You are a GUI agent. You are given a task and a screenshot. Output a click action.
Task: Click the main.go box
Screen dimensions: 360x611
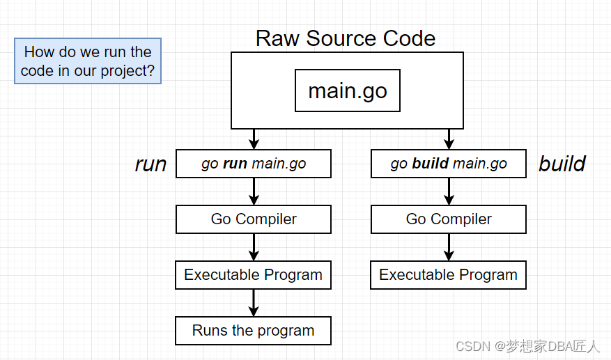tap(347, 91)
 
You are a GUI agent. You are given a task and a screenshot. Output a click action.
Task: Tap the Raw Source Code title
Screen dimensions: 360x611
tap(346, 38)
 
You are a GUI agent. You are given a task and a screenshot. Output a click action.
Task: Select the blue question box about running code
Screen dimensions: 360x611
tap(88, 61)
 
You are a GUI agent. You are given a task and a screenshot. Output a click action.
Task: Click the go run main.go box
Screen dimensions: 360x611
tap(254, 164)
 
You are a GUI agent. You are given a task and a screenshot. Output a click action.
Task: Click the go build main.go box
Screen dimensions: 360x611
tap(449, 164)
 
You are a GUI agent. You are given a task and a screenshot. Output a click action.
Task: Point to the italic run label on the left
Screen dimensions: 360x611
tap(150, 164)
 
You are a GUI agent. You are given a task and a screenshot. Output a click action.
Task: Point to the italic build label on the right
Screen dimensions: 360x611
tap(562, 164)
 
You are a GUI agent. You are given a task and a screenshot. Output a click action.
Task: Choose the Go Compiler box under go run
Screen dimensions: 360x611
tap(254, 219)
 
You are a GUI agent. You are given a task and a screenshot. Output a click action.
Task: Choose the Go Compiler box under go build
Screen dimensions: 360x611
tap(449, 219)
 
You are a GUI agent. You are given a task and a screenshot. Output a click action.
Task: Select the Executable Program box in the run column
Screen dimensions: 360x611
tap(254, 275)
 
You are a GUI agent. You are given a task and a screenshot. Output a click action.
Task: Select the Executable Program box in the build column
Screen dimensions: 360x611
tap(449, 275)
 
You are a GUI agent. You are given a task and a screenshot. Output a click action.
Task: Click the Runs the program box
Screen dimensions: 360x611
tap(254, 331)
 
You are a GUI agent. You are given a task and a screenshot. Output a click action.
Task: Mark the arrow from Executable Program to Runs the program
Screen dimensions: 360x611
tap(254, 303)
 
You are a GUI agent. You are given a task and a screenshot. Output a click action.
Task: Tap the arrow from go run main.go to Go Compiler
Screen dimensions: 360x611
tap(254, 191)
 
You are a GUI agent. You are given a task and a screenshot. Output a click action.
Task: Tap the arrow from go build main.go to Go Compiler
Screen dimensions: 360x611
tap(449, 191)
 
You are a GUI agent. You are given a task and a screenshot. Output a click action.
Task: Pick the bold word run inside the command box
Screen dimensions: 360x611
tap(235, 164)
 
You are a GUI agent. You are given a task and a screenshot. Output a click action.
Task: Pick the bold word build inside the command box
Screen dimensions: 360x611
tap(431, 164)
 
